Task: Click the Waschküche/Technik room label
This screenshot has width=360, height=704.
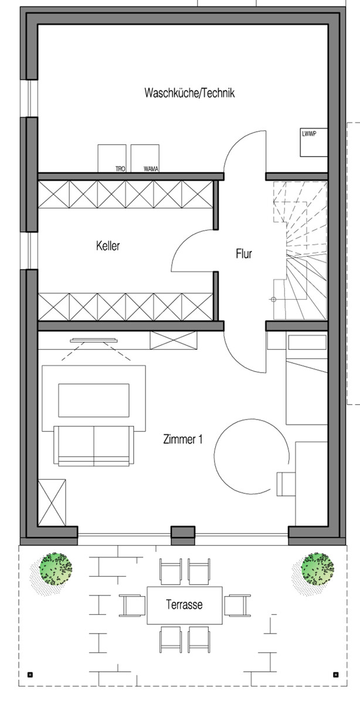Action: pos(189,93)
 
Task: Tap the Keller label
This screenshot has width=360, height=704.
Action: pos(108,246)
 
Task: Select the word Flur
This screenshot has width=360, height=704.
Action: pos(244,254)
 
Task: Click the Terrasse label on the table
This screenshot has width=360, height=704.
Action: pos(184,604)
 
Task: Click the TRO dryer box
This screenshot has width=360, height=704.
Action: pos(112,158)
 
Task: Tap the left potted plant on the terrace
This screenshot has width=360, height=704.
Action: pos(55,568)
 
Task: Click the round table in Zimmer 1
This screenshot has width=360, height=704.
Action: pos(252,456)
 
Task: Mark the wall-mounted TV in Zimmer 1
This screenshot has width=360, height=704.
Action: pos(94,341)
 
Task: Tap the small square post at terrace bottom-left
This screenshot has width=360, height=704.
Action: pos(30,673)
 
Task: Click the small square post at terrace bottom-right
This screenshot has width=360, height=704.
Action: pos(335,673)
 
